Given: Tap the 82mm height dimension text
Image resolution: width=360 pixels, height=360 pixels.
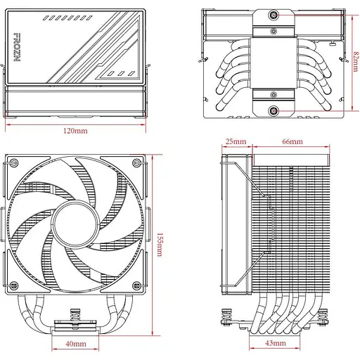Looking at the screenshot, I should (356, 62).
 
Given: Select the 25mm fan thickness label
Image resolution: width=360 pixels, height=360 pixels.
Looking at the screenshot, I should (236, 141).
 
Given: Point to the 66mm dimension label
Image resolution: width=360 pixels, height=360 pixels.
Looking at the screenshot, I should (292, 141).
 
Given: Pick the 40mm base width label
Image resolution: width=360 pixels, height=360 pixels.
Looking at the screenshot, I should (76, 344).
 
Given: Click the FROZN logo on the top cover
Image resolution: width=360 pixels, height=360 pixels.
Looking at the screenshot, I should (17, 49).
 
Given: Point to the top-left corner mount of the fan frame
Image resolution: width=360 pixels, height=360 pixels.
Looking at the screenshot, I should (13, 164).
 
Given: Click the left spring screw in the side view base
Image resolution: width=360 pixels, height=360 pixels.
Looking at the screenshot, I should (230, 319).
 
